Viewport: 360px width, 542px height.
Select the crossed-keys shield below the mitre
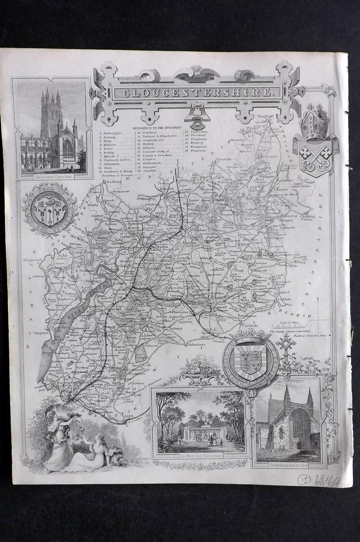(x=315, y=157)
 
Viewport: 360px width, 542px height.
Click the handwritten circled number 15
(x=304, y=478)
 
